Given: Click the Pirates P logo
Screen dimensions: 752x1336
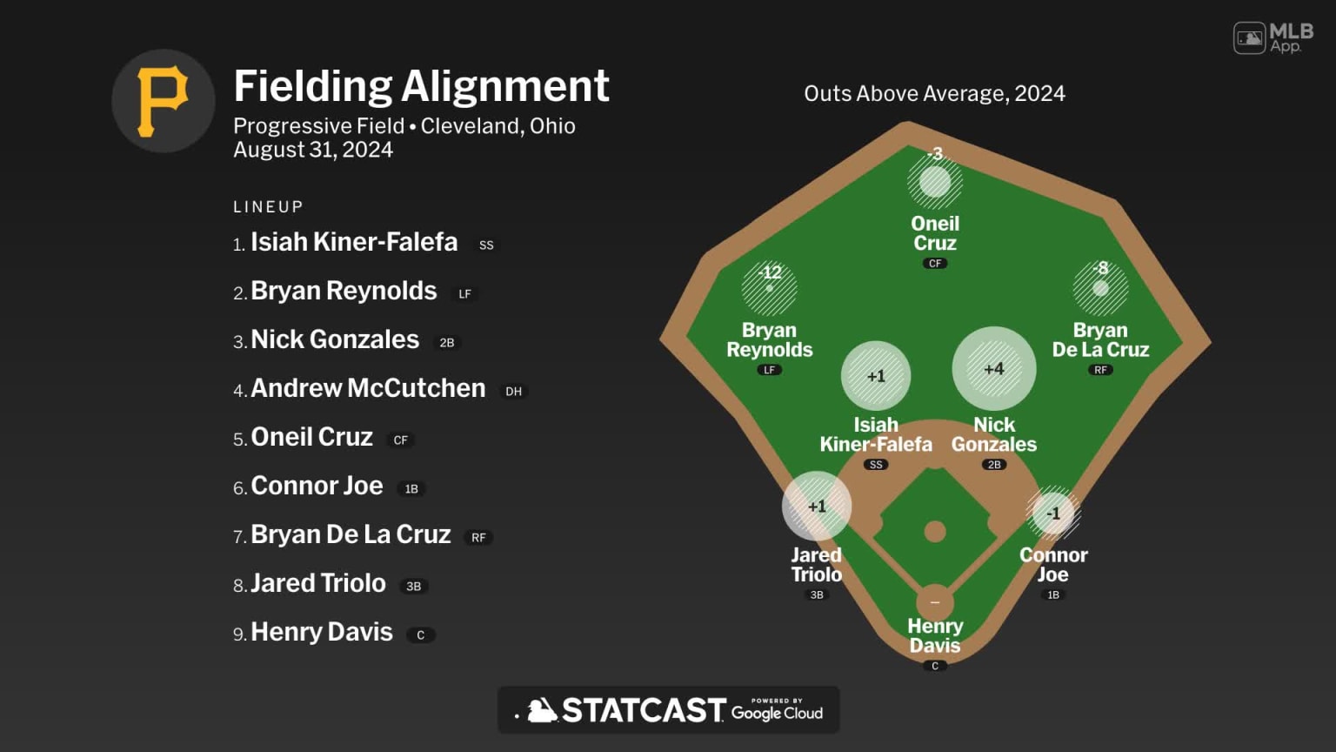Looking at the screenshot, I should click(163, 101).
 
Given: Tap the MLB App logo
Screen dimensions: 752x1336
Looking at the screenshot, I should click(1273, 38).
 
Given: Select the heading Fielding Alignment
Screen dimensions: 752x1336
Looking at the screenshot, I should click(421, 86).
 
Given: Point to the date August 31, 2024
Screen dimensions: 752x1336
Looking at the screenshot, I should click(313, 150).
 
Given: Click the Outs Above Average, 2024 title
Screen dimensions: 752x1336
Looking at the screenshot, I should click(934, 93).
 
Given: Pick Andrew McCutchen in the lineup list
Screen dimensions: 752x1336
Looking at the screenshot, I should click(368, 388).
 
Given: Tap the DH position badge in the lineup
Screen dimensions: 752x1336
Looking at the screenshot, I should click(514, 392).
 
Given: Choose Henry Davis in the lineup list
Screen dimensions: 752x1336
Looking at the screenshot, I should click(322, 632).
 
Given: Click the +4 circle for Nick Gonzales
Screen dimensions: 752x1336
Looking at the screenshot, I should click(993, 369).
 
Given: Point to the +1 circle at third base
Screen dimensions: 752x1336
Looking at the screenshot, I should click(816, 507).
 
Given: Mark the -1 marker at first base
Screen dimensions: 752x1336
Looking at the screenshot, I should click(1053, 514).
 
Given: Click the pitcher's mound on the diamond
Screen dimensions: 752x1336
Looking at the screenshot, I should click(935, 531).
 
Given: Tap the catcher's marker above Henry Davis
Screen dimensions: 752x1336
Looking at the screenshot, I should click(935, 602).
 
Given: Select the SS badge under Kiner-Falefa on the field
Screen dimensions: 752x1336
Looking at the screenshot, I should click(876, 465).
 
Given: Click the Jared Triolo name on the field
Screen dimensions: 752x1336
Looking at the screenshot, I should click(816, 565).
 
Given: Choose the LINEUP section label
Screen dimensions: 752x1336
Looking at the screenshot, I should click(268, 207).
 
